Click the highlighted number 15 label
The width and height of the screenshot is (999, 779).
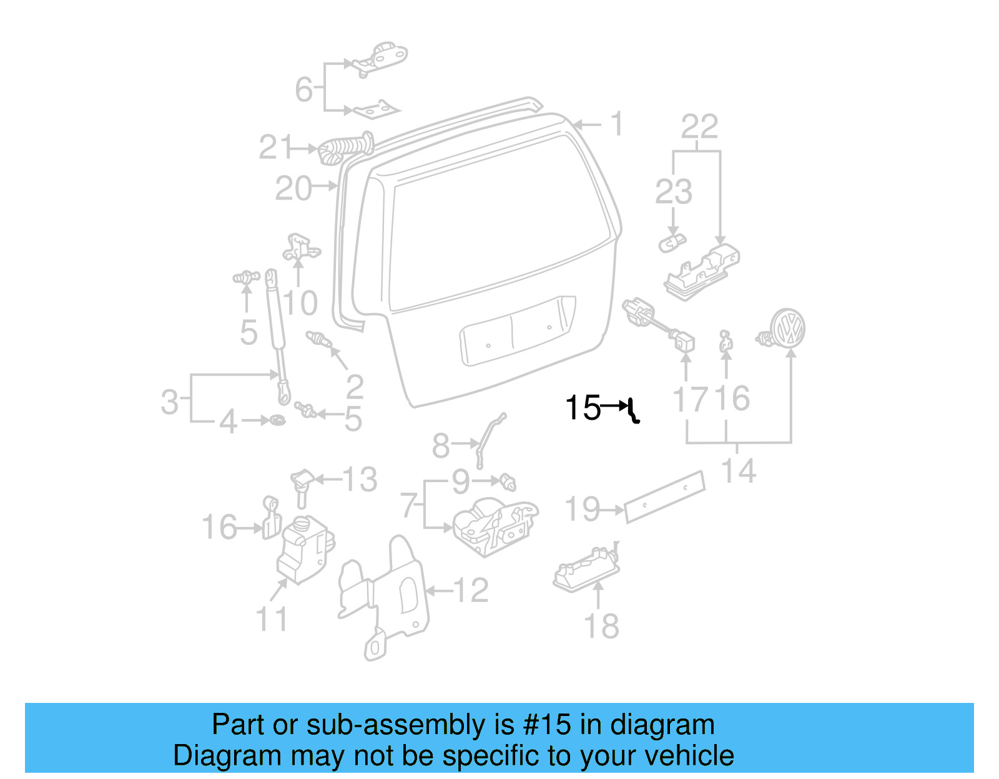(583, 408)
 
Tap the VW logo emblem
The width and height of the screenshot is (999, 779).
(787, 328)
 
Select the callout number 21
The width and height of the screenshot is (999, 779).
(276, 148)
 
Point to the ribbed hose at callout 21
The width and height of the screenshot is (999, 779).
(345, 148)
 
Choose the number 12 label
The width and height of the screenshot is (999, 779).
(471, 590)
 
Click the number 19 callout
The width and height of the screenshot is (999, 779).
(583, 509)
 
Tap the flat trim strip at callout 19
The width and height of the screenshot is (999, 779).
(664, 496)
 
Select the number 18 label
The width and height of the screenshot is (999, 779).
(601, 626)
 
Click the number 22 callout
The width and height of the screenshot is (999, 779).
(699, 127)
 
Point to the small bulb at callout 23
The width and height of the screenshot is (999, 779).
(672, 243)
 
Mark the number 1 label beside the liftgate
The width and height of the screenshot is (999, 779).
(617, 123)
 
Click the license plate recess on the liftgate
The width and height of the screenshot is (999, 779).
(517, 331)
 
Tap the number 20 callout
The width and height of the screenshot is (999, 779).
(293, 188)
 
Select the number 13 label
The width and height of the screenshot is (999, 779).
(360, 480)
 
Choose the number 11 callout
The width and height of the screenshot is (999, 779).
(272, 619)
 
